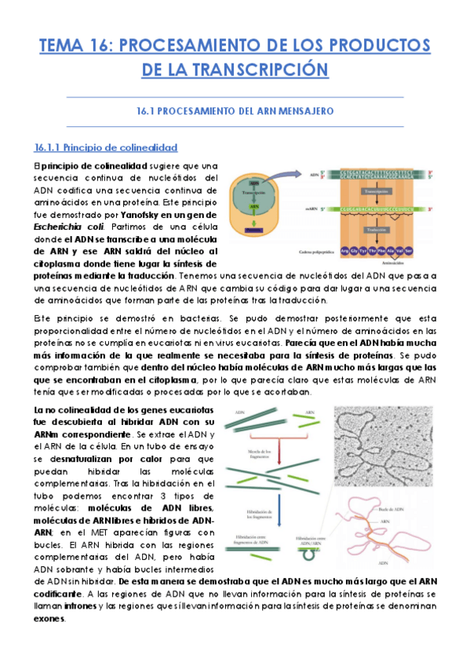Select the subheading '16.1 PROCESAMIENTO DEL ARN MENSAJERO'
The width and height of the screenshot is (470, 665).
pos(235,111)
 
